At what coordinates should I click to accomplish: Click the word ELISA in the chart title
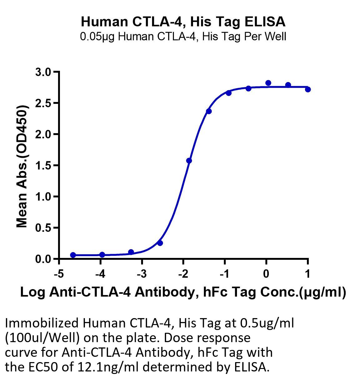(x=265, y=22)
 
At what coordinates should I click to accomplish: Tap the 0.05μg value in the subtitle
(x=97, y=36)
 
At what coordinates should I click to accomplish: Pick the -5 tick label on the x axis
(x=59, y=274)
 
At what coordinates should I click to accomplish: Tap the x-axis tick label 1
(x=308, y=274)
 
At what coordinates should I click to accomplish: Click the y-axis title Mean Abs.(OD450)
(x=22, y=166)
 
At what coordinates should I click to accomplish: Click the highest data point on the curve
(x=268, y=83)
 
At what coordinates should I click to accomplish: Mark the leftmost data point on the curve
(x=73, y=255)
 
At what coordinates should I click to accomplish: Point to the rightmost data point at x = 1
(x=308, y=90)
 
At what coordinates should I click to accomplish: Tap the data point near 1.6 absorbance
(x=189, y=161)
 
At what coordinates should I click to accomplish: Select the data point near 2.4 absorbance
(x=209, y=111)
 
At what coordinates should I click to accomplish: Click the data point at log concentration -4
(x=102, y=255)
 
